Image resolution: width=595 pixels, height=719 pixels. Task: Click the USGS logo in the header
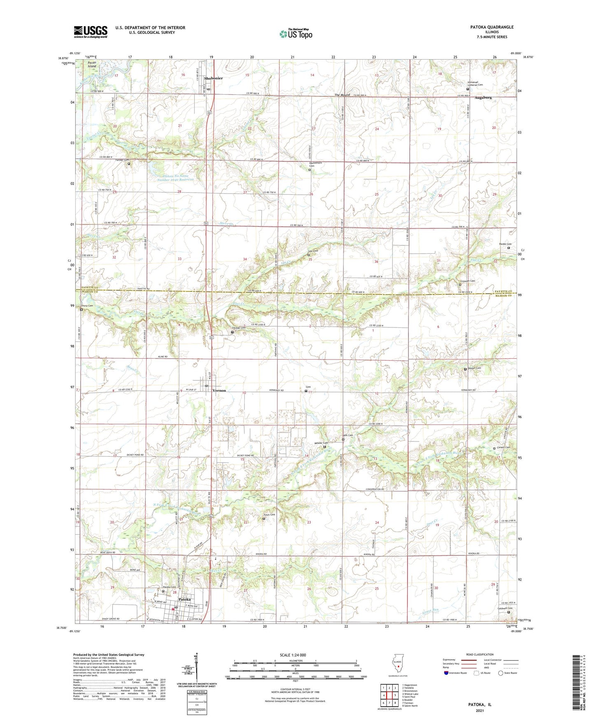91,31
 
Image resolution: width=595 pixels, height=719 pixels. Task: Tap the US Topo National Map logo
295,34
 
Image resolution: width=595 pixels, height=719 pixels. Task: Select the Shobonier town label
213,78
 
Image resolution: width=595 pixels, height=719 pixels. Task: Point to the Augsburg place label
483,98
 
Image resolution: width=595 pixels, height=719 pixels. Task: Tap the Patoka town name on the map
184,599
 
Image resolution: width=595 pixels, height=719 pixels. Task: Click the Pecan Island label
92,64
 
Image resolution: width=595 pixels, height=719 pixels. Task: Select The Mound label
342,95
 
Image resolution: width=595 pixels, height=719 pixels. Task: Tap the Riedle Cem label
505,244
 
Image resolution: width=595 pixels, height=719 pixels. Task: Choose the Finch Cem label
269,515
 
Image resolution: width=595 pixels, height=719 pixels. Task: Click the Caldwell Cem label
505,608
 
